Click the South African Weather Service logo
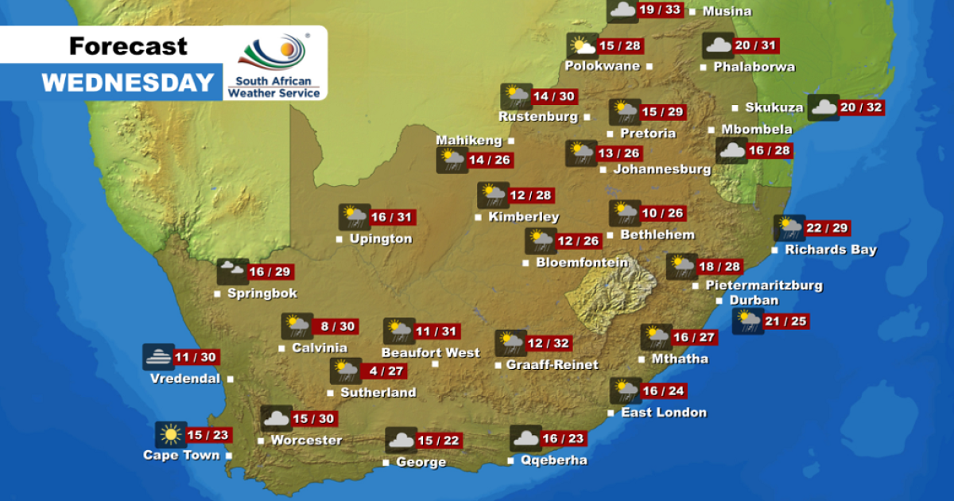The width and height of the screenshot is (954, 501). (274, 63)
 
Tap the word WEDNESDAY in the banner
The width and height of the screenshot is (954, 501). (128, 83)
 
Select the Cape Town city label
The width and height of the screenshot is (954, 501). (180, 456)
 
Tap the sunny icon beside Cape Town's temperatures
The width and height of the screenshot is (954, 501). (171, 435)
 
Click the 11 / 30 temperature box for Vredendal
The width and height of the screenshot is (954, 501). (197, 358)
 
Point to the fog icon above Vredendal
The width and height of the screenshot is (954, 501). (158, 357)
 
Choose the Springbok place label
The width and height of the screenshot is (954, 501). (262, 293)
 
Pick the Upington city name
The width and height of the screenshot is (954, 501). (382, 239)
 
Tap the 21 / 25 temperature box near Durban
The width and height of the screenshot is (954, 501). (785, 321)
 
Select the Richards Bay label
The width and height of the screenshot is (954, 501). (831, 250)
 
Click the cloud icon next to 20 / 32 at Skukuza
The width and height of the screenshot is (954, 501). (823, 107)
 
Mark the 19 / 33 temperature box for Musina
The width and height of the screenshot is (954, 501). (661, 10)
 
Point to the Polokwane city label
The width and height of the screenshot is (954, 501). (602, 66)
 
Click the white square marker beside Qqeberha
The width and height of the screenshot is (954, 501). (510, 461)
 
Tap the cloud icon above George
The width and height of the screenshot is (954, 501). (401, 441)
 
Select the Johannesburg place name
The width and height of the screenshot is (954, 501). (661, 169)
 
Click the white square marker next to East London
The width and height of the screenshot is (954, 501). (611, 413)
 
